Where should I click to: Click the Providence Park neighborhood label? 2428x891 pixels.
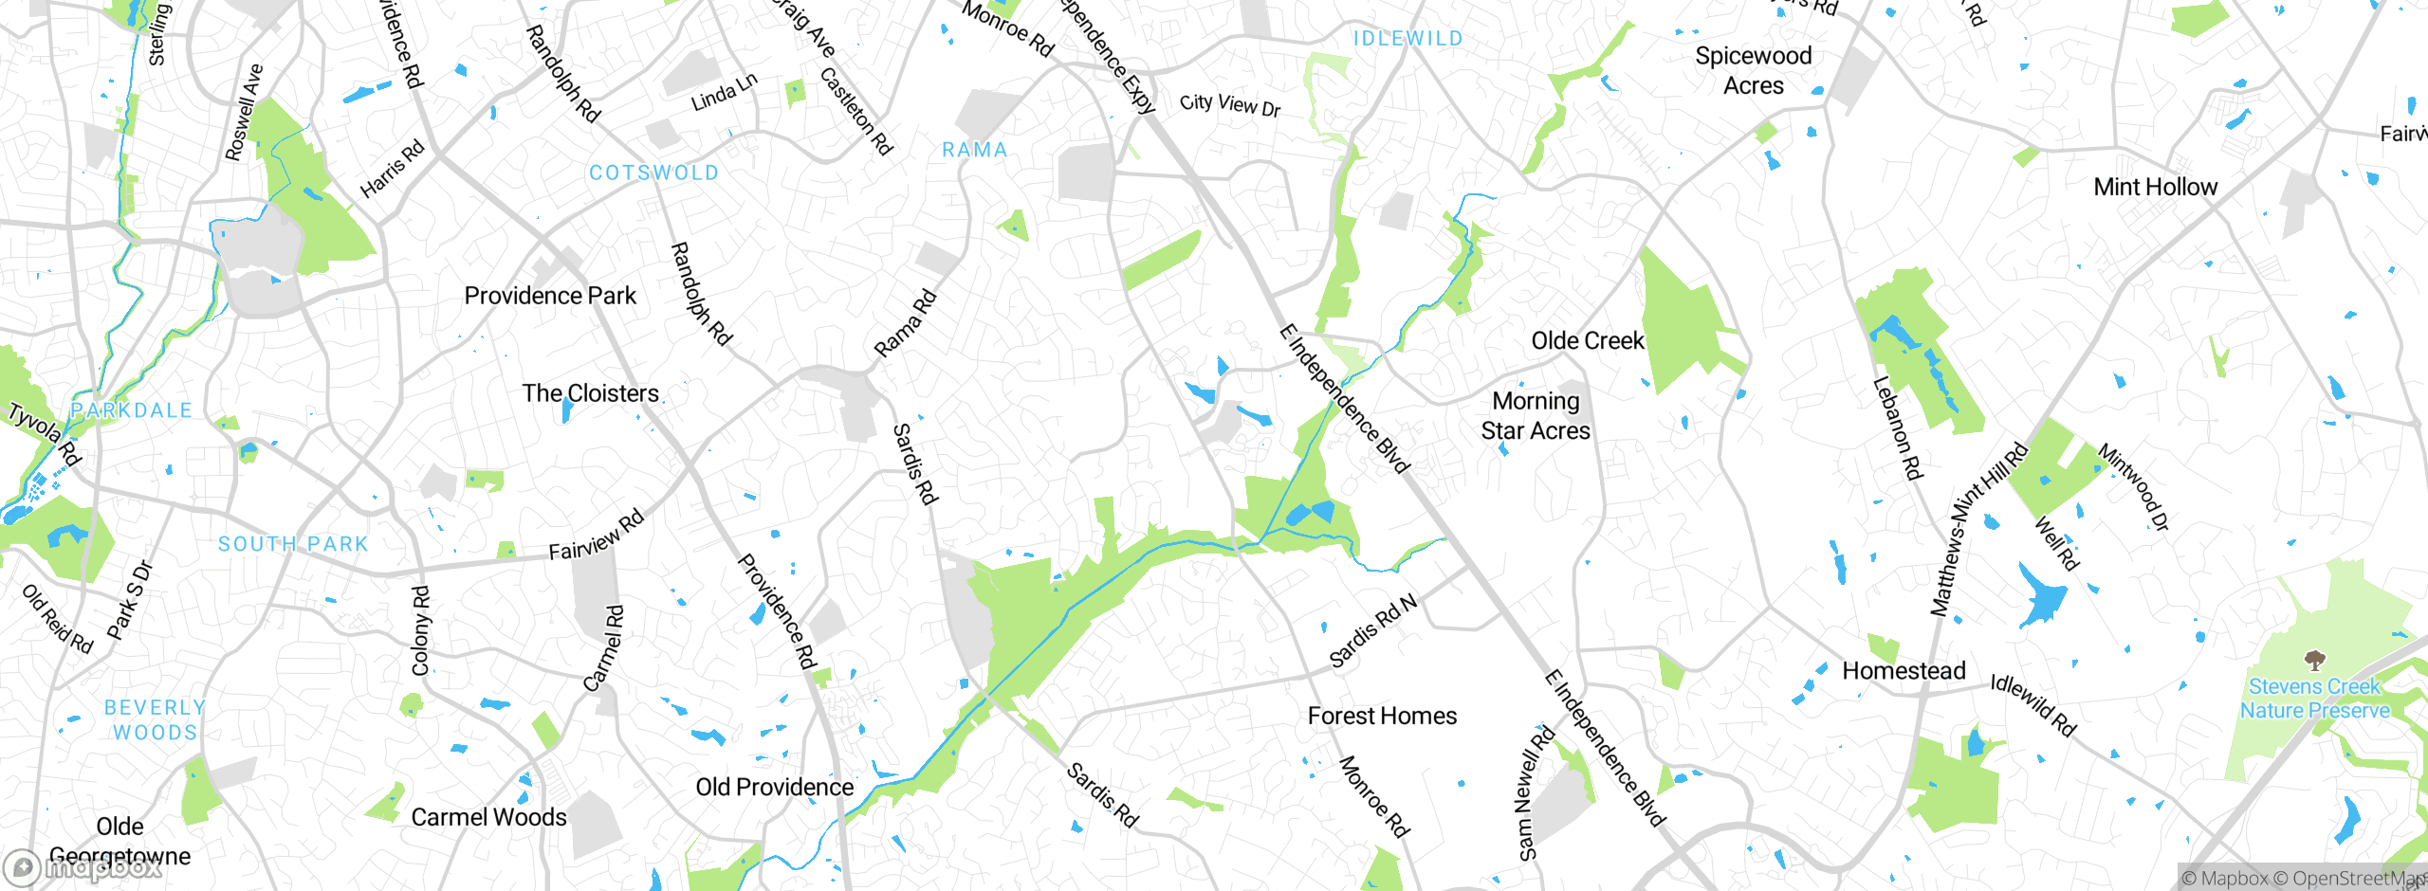(550, 296)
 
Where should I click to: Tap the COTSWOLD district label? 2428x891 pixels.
(653, 173)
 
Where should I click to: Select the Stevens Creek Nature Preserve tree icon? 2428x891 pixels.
(2314, 659)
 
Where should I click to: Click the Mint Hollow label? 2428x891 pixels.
(2155, 187)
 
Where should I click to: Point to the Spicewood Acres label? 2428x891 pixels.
(1753, 71)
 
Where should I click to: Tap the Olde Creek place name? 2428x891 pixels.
(1587, 340)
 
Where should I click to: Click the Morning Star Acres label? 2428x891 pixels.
(1536, 416)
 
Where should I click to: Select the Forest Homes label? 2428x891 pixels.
(1382, 716)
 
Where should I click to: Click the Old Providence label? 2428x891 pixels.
(774, 787)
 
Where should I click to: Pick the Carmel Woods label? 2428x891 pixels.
(488, 817)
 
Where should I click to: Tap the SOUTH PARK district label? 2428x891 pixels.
(293, 544)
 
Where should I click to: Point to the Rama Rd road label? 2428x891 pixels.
(905, 324)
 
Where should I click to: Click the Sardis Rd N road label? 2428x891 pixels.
(1372, 630)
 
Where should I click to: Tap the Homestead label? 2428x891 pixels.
(1904, 671)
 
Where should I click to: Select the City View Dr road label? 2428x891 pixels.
(1230, 104)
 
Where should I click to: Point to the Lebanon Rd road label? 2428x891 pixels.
(1896, 428)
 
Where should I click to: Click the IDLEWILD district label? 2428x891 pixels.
(1407, 39)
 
